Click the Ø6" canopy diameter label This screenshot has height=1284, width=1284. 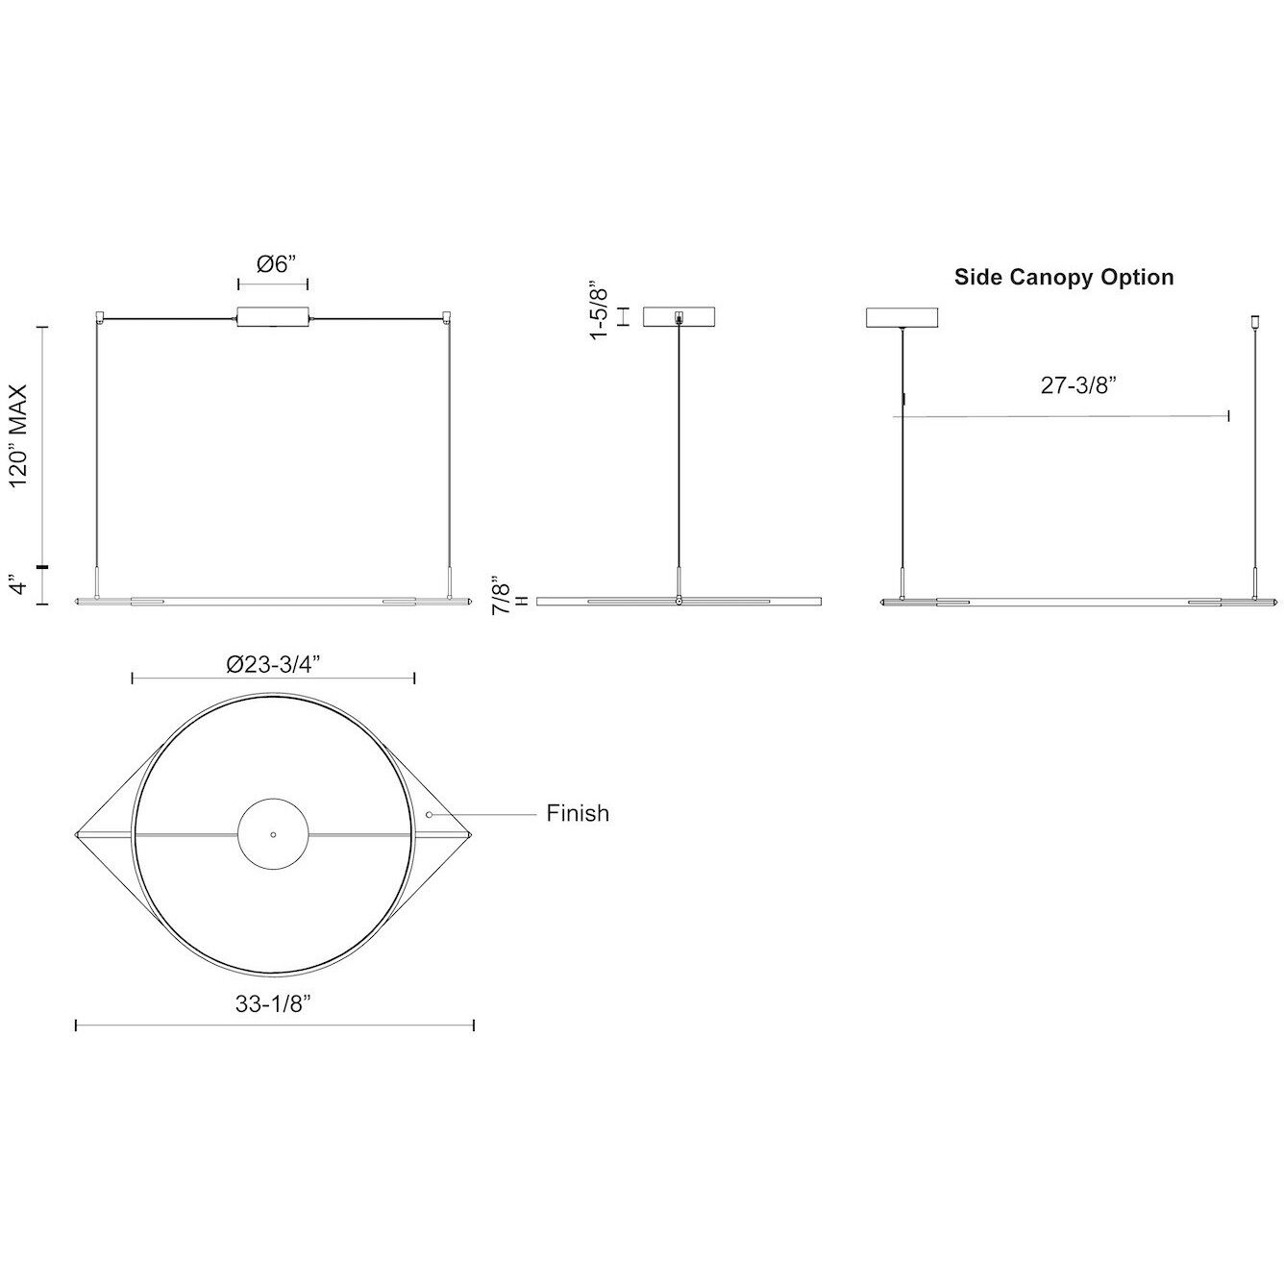coord(273,264)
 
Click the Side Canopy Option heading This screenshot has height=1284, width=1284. coord(1063,278)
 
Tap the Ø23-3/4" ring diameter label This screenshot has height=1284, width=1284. coord(272,662)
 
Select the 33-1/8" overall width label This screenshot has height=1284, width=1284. coord(273,1004)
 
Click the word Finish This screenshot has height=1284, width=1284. coord(578,813)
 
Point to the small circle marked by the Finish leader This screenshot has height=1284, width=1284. coord(430,814)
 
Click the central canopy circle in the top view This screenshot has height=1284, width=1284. coord(273,834)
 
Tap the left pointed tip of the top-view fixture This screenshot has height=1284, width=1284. coord(77,834)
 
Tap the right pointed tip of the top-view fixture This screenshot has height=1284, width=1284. coord(471,834)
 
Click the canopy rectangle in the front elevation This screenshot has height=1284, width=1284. coord(273,318)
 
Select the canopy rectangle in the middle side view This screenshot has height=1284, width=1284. coord(680,316)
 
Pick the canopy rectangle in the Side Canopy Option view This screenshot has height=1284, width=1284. coord(902,316)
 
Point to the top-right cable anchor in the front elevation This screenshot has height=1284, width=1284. coord(447,315)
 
